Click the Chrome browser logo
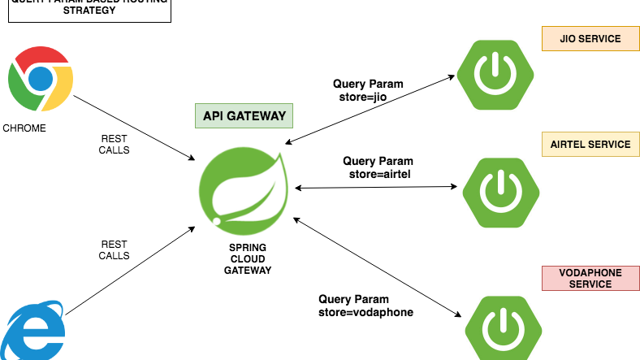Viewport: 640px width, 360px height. point(41,78)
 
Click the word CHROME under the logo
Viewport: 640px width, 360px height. point(24,128)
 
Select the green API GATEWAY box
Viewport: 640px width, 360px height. point(244,116)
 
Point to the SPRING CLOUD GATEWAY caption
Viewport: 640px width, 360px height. point(248,258)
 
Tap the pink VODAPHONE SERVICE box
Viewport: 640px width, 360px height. point(590,279)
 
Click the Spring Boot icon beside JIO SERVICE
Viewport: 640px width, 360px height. point(494,76)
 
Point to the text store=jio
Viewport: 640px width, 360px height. point(369,98)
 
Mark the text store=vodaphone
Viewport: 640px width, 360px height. point(365,312)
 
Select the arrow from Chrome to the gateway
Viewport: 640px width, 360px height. point(134,126)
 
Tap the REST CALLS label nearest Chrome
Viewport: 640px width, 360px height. point(114,145)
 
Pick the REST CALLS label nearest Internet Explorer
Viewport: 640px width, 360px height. point(114,249)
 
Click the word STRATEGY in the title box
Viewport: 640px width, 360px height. point(89,11)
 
